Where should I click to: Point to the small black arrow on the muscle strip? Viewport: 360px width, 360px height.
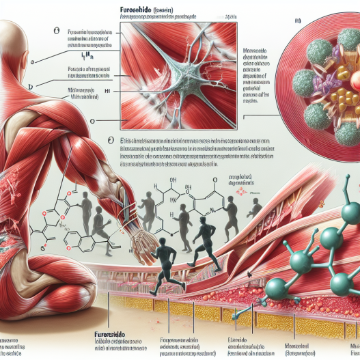pyautogui.click(x=253, y=275)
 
